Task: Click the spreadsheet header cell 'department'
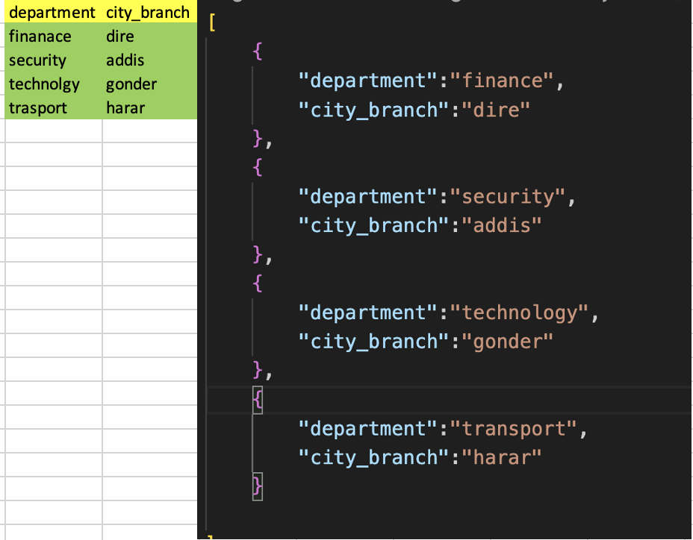[52, 13]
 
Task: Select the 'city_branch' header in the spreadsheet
[148, 13]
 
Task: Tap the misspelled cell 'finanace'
[40, 37]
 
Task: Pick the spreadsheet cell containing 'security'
[37, 60]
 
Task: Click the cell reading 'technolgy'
[44, 84]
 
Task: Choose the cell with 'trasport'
[38, 108]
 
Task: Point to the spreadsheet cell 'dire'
[119, 37]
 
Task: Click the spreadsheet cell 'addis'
[125, 60]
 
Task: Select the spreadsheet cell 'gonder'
[131, 84]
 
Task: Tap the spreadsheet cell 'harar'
[125, 108]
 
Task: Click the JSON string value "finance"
[502, 81]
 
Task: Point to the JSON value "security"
[507, 197]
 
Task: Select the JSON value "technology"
[519, 313]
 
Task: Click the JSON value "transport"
[513, 429]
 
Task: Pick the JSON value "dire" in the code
[496, 110]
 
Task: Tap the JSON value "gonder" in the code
[507, 342]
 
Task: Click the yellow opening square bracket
[212, 22]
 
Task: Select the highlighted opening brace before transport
[258, 400]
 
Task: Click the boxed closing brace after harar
[258, 486]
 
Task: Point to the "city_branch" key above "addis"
[368, 226]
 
